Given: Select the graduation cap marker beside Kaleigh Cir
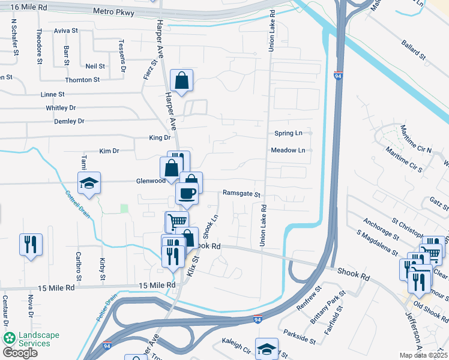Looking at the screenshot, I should [266, 347].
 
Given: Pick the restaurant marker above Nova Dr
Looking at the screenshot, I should [30, 244].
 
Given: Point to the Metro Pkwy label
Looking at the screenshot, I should [113, 11].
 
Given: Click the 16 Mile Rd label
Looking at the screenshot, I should [29, 7].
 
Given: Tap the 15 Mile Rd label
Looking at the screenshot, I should [157, 286].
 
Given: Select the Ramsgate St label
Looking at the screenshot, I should [241, 194].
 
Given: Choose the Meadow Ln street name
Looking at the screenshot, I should [288, 150].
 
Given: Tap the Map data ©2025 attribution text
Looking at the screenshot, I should [423, 355].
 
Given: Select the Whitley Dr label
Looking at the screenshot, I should [61, 108].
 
